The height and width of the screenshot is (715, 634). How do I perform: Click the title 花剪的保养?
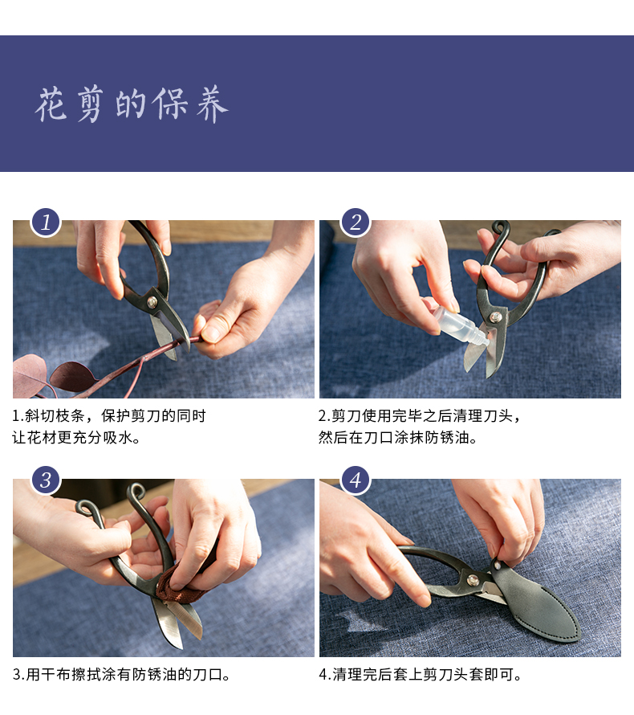(132, 104)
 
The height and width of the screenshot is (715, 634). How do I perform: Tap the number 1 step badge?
(46, 222)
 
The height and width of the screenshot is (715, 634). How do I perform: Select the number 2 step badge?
(355, 222)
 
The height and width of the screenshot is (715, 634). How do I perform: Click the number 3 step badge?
(46, 480)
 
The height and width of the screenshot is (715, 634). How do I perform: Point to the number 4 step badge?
(355, 480)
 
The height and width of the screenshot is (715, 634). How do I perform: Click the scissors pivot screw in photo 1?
(152, 302)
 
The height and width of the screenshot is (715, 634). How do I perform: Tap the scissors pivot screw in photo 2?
(496, 317)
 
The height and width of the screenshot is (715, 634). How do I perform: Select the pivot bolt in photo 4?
(473, 580)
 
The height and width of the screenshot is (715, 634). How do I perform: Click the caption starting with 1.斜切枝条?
(109, 416)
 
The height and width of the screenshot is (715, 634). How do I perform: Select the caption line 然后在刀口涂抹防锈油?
(398, 439)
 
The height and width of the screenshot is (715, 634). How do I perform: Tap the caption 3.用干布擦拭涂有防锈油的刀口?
(122, 675)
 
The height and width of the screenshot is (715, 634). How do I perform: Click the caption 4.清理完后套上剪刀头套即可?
(421, 675)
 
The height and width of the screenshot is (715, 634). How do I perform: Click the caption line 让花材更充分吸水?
(77, 439)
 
